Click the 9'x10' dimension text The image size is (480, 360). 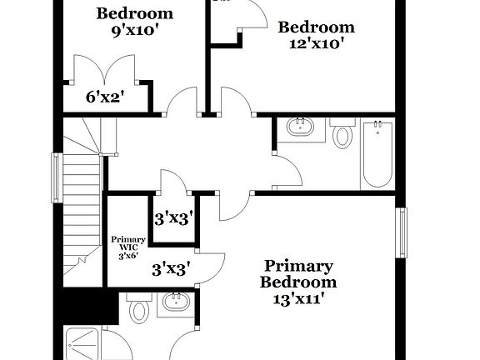[135, 30]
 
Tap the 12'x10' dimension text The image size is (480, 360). [311, 43]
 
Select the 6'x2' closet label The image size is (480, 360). [105, 97]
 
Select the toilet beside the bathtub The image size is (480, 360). [342, 135]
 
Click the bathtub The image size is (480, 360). [377, 153]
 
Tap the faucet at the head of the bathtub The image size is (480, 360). [377, 127]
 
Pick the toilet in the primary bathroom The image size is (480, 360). [139, 312]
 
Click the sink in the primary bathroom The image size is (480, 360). [175, 302]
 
